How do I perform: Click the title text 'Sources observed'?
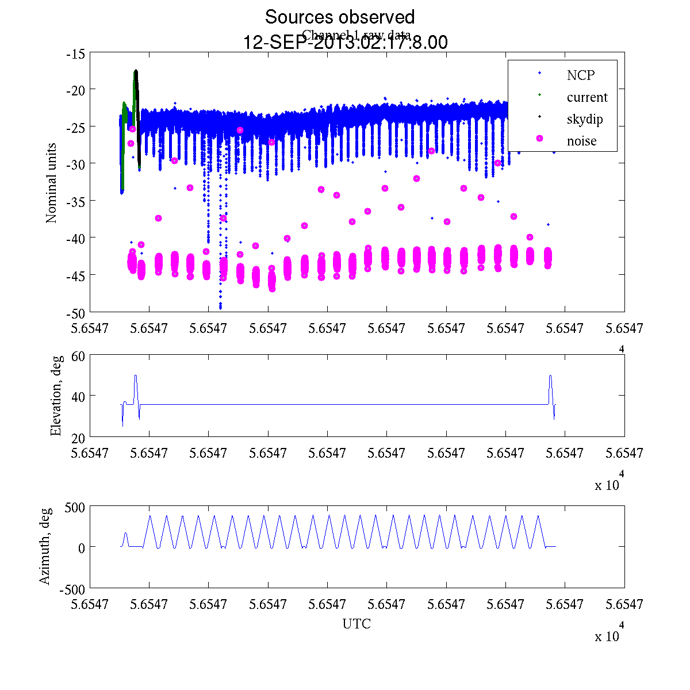pos(339,17)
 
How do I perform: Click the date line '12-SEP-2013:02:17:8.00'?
pos(346,43)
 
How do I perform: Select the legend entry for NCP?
pos(580,75)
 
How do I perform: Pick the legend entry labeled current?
pos(586,97)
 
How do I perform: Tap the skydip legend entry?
pos(584,119)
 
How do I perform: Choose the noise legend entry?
pos(581,141)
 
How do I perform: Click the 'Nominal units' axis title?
pos(52,183)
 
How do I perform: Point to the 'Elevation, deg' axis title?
pos(56,396)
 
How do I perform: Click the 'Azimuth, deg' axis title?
pos(45,546)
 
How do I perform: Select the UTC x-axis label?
pos(356,624)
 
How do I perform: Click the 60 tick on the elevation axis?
pos(79,356)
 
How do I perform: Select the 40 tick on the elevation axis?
pos(79,396)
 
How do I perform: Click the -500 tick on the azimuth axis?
pos(72,588)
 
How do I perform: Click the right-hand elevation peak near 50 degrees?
pos(550,375)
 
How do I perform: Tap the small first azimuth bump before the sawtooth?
pos(125,534)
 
